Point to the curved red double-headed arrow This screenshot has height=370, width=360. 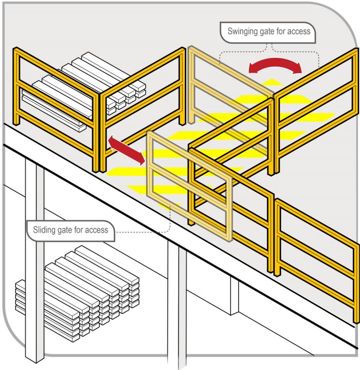pyautogui.click(x=275, y=65)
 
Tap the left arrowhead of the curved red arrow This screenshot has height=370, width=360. pyautogui.click(x=253, y=69)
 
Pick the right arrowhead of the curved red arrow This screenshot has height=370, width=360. pyautogui.click(x=297, y=69)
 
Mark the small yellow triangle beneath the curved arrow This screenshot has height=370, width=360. pyautogui.click(x=274, y=82)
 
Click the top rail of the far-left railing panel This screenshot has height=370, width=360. pyautogui.click(x=54, y=67)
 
